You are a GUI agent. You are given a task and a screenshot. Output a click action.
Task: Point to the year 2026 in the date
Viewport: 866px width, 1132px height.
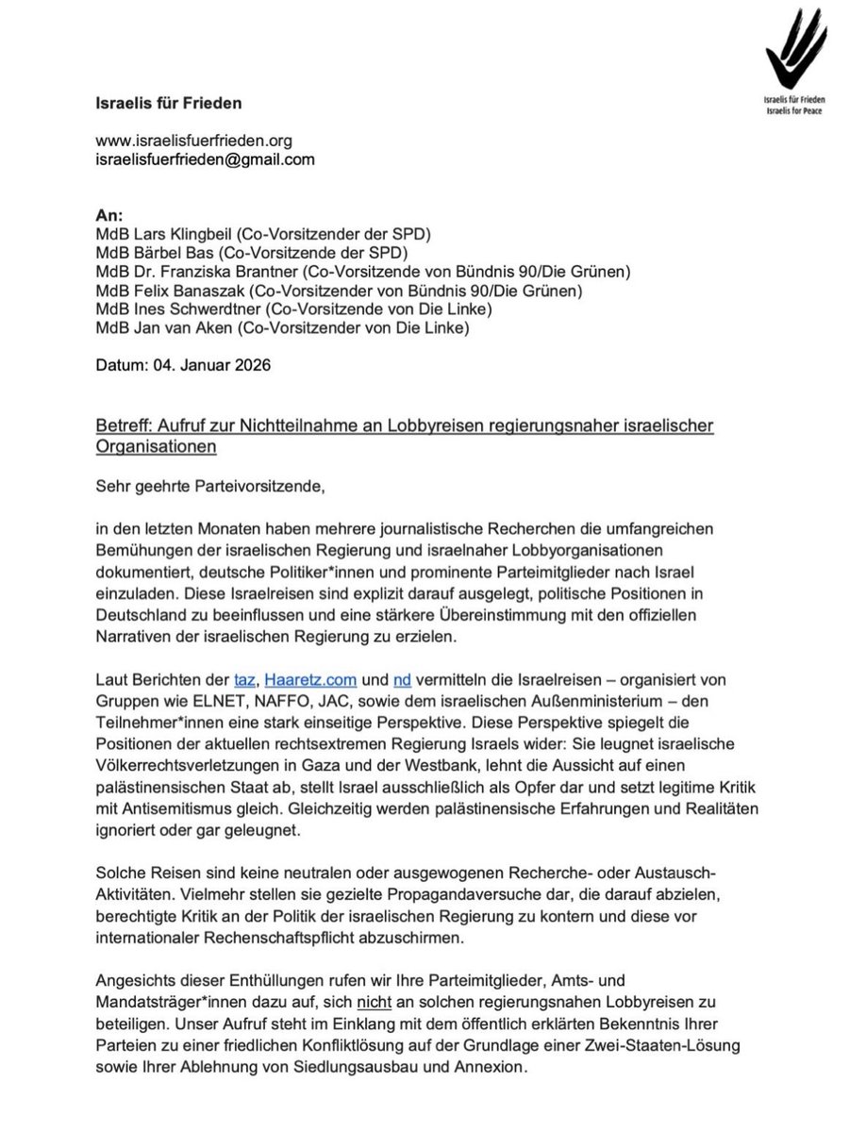253,365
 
